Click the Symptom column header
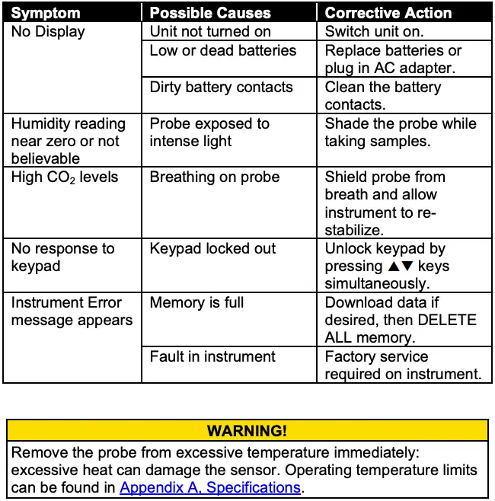(x=45, y=13)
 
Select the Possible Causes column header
(x=210, y=13)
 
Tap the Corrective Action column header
(x=388, y=13)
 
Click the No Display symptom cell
(x=48, y=32)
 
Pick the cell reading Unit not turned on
(x=210, y=32)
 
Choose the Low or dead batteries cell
(x=222, y=51)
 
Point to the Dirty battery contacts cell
(x=221, y=87)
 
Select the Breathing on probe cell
(x=215, y=177)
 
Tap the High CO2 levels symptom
(x=65, y=177)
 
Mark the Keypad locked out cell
(x=212, y=249)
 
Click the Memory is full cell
(x=196, y=303)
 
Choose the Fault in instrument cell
(x=212, y=356)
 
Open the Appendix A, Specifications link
(x=210, y=487)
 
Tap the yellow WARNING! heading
(x=247, y=431)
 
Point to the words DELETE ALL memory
(x=401, y=329)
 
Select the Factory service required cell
(x=403, y=365)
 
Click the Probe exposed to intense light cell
(x=209, y=132)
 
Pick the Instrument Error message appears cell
(x=72, y=311)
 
